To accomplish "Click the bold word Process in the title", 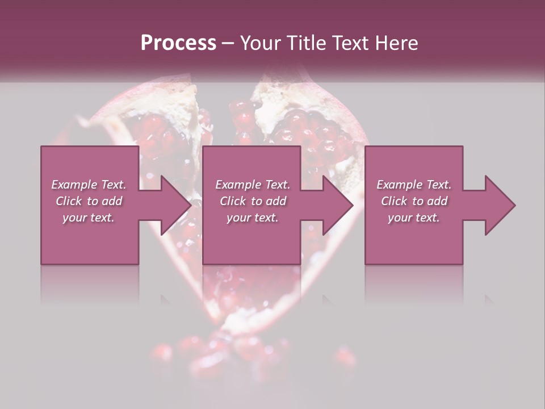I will pos(178,43).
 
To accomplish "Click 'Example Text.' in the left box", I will pos(89,185).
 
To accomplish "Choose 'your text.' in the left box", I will pos(89,218).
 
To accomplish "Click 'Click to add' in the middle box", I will pos(253,201).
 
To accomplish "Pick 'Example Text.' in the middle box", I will pos(253,185).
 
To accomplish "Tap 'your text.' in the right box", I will pos(414,218).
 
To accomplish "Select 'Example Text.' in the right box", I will pos(414,185).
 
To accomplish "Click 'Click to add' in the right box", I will pos(414,201).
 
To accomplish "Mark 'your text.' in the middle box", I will pos(253,218).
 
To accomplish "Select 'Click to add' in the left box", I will pos(89,201).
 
